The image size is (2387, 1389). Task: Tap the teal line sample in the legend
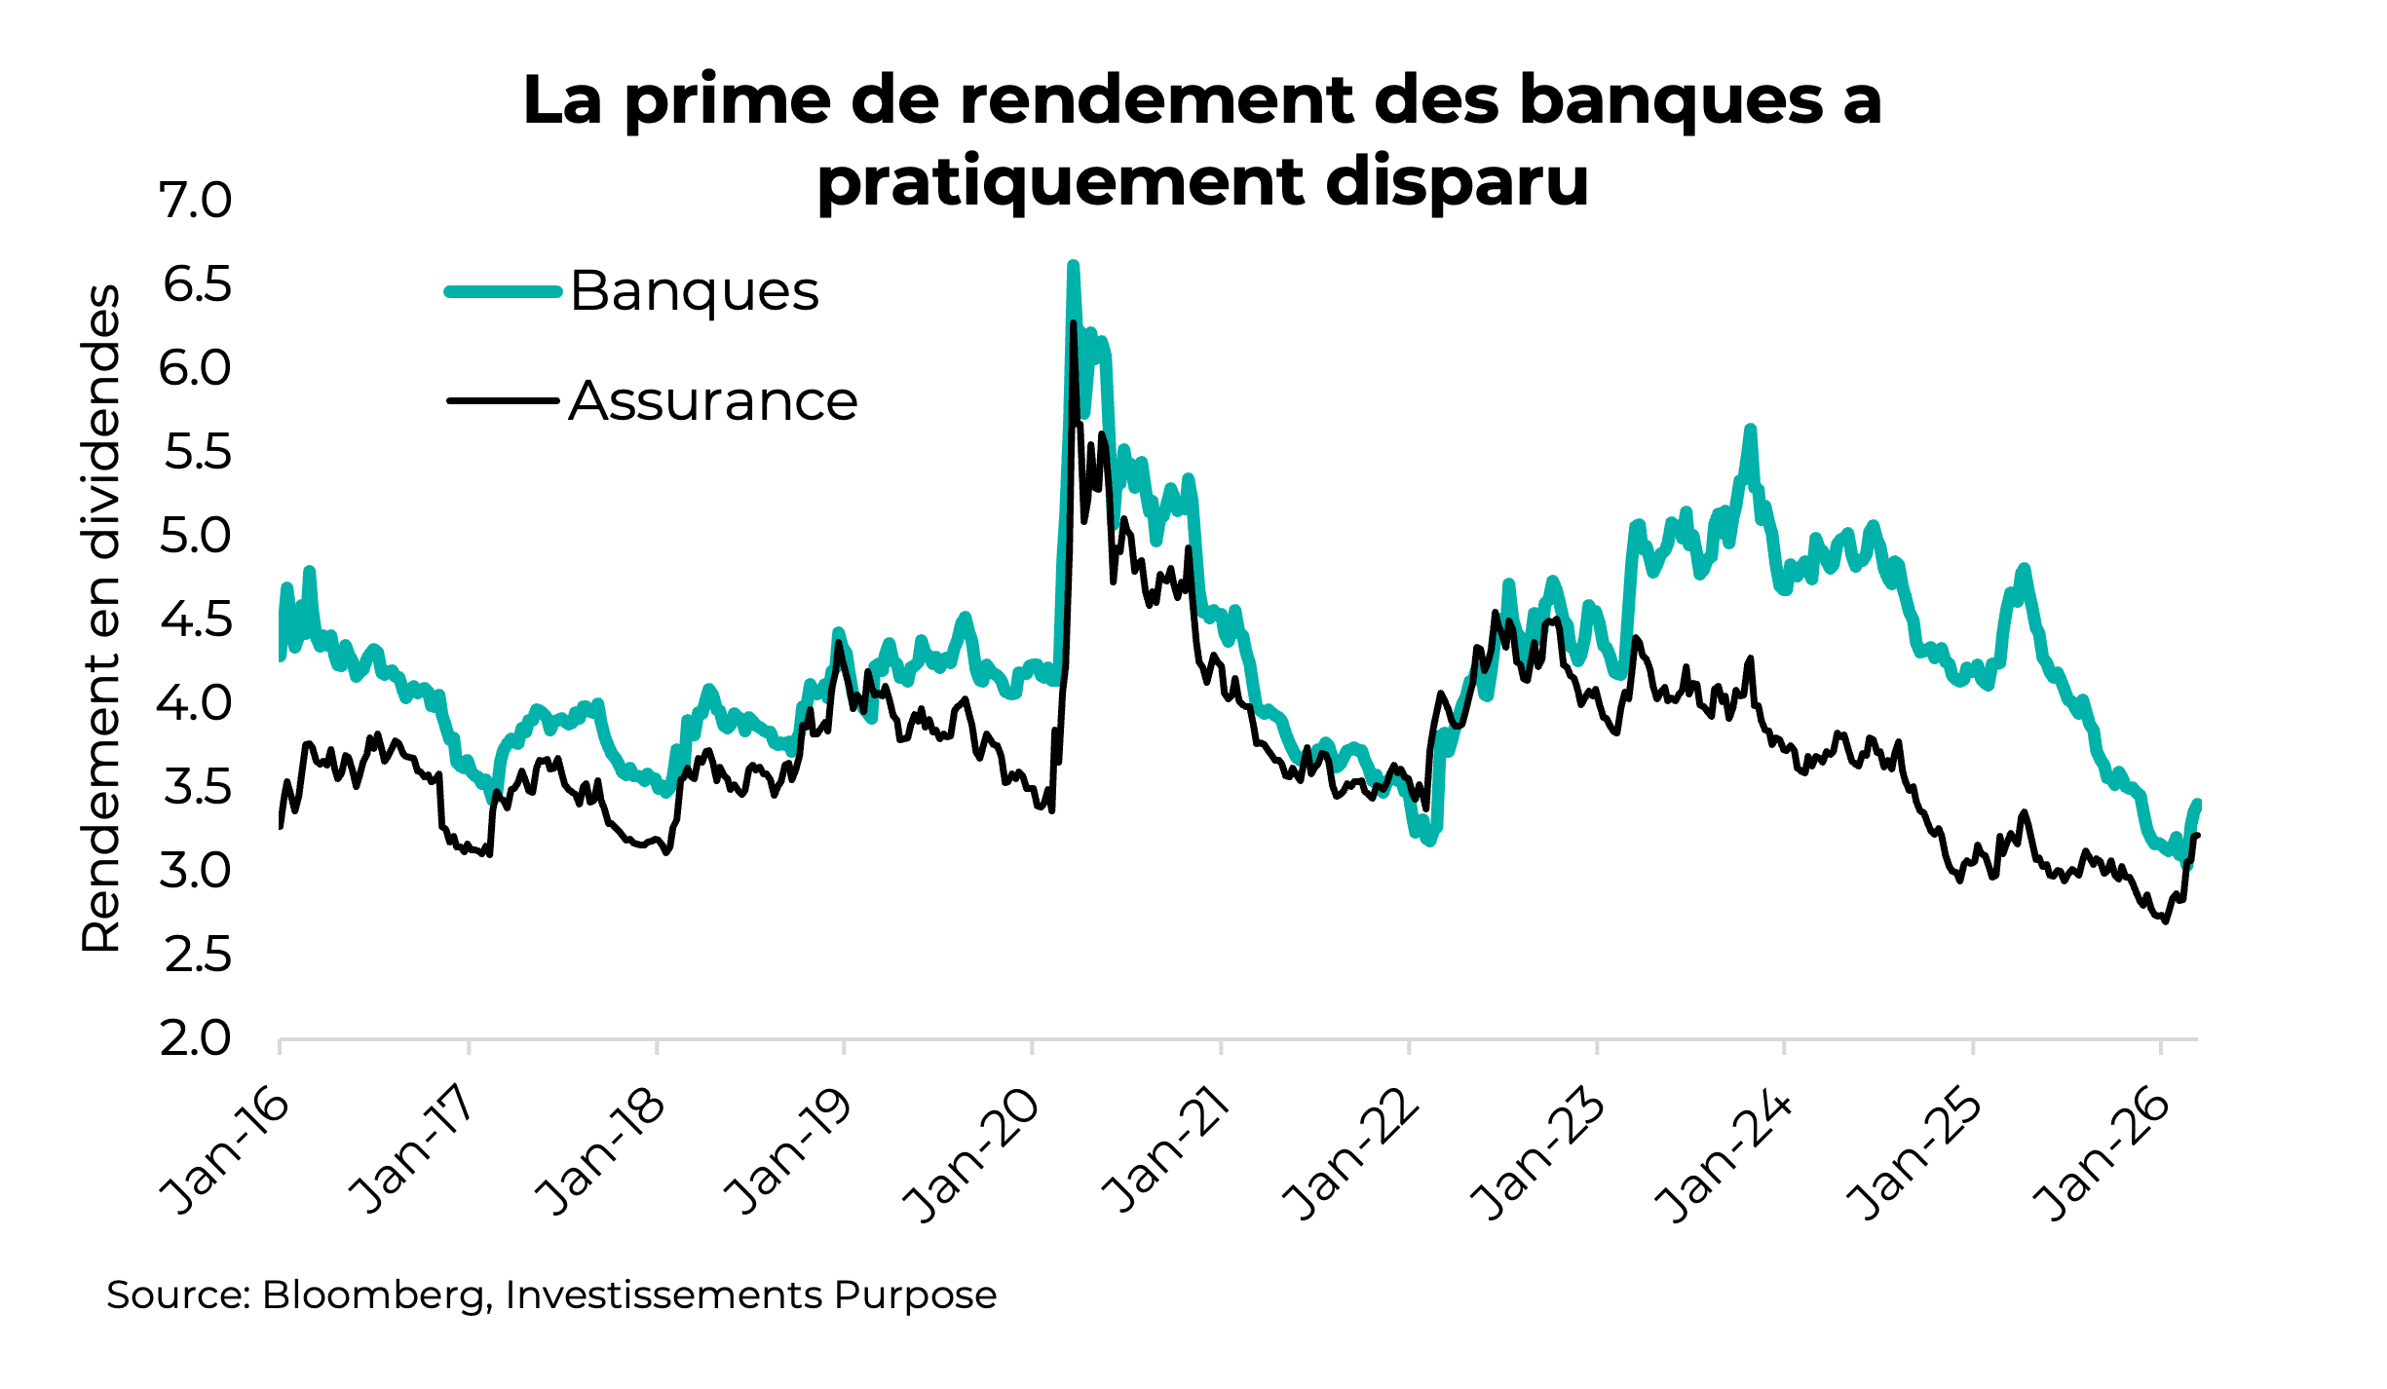click(x=503, y=291)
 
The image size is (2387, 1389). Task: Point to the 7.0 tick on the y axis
click(x=196, y=201)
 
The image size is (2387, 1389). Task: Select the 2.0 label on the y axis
click(x=196, y=1038)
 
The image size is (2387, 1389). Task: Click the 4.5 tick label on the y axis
click(x=196, y=619)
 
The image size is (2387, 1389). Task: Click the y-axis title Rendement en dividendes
click(x=100, y=618)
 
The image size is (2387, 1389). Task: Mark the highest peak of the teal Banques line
click(x=1073, y=265)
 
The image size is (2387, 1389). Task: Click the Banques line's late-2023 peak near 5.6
click(x=1750, y=429)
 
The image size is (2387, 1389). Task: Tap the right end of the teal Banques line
click(x=2197, y=804)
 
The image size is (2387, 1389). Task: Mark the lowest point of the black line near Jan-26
click(x=2165, y=920)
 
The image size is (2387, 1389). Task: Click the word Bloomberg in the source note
click(x=373, y=1295)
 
